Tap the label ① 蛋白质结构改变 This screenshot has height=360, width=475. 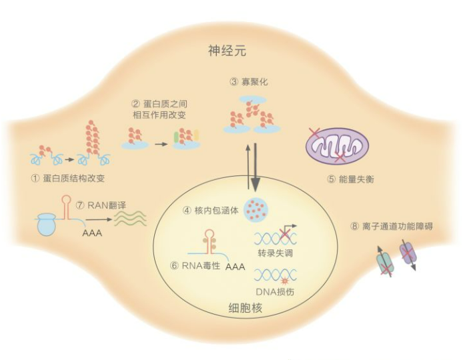[x=69, y=178]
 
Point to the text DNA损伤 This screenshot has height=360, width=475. [x=274, y=291]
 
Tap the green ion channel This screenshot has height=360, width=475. [x=386, y=261]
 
